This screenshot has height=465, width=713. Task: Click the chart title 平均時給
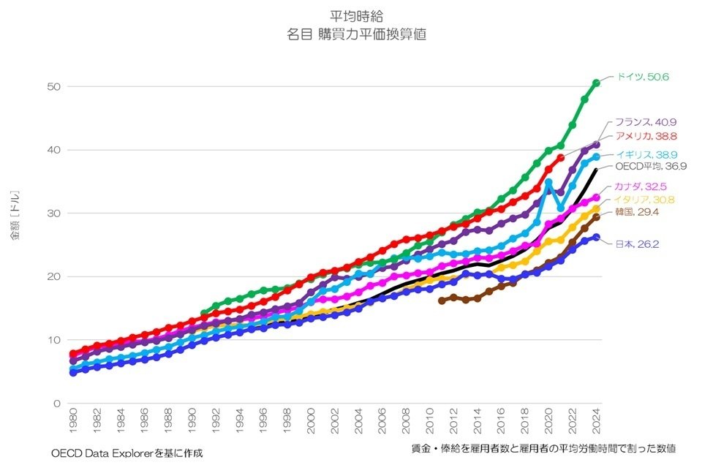(357, 15)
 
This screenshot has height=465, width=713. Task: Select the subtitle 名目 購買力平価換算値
(357, 34)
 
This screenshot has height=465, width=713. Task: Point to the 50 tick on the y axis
(53, 87)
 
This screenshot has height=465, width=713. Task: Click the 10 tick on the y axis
(53, 340)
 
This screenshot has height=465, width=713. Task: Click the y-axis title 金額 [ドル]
(15, 217)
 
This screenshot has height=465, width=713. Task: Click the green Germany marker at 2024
(597, 83)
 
